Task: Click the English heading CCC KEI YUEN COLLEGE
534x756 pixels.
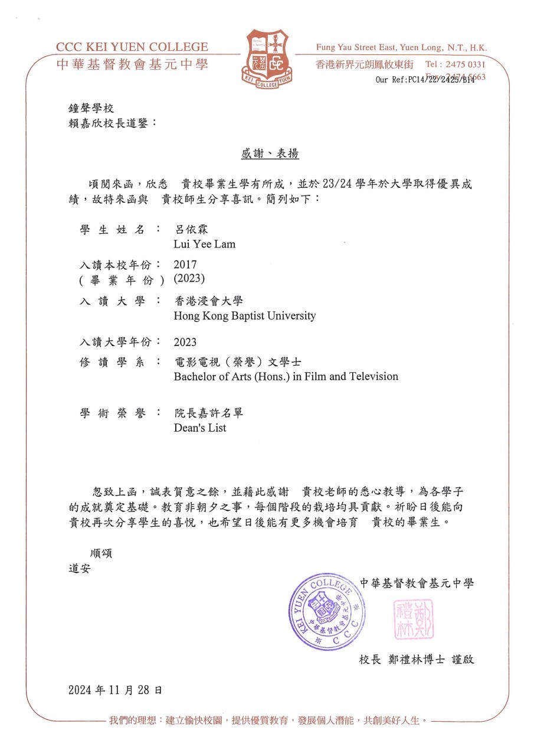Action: point(132,47)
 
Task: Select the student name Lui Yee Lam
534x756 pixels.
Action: point(204,244)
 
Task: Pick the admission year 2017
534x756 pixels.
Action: point(185,264)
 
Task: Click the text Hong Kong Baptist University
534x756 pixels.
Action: point(244,315)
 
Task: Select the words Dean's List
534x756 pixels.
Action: point(200,428)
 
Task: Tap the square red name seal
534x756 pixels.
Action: point(414,619)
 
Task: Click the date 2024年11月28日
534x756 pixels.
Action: point(115,689)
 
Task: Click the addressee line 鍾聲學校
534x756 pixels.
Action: point(91,109)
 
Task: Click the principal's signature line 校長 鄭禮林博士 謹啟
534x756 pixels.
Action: point(417,659)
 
